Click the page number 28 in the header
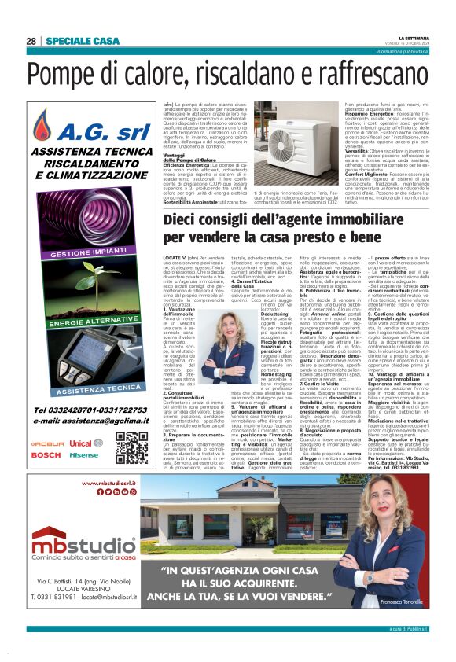[x=31, y=41]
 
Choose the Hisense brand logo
[x=83, y=455]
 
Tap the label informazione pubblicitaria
[x=413, y=50]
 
